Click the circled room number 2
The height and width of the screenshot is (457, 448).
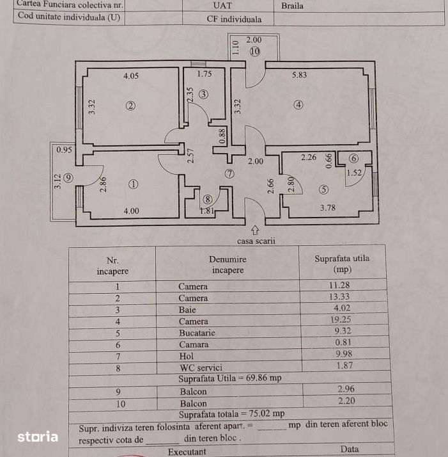pyautogui.click(x=130, y=106)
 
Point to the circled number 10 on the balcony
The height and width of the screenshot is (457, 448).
pyautogui.click(x=255, y=51)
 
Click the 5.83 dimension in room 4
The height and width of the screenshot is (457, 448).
pyautogui.click(x=300, y=75)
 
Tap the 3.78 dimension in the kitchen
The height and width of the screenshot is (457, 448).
pyautogui.click(x=328, y=206)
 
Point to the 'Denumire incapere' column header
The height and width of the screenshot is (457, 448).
pyautogui.click(x=227, y=264)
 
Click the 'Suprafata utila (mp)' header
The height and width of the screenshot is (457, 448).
pyautogui.click(x=342, y=264)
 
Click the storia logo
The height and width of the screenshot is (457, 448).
pyautogui.click(x=38, y=437)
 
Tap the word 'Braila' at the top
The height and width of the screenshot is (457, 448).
pyautogui.click(x=292, y=6)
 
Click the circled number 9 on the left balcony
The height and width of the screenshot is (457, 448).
pyautogui.click(x=67, y=178)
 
